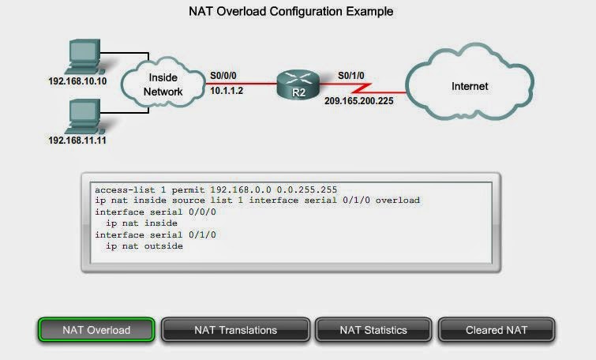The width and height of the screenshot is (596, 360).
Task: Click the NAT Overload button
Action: click(96, 329)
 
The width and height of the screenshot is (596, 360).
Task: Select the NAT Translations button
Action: click(236, 329)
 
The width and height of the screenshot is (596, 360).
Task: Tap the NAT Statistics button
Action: click(373, 329)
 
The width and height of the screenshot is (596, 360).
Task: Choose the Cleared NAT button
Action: click(497, 329)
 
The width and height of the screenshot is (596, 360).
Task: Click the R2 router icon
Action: click(298, 84)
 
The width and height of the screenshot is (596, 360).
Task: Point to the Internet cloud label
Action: click(470, 86)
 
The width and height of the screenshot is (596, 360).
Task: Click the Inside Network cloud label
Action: click(163, 84)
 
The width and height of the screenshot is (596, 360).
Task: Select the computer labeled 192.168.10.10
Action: click(84, 56)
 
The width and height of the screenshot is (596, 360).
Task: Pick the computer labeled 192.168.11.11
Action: click(84, 116)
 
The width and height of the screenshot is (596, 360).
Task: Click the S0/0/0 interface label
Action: click(223, 76)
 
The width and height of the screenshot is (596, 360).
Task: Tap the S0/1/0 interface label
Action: click(350, 76)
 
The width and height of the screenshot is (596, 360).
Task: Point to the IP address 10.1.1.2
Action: click(227, 91)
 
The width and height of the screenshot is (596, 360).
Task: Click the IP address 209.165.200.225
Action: click(359, 101)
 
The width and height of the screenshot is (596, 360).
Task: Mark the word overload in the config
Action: click(398, 200)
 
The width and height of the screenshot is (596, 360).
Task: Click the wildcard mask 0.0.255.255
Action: click(307, 189)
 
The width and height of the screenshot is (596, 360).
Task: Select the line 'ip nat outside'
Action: click(144, 246)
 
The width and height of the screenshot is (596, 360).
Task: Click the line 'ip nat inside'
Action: click(141, 223)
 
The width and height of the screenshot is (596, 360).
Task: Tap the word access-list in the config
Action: click(125, 189)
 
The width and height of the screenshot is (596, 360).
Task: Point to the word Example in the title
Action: click(369, 11)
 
